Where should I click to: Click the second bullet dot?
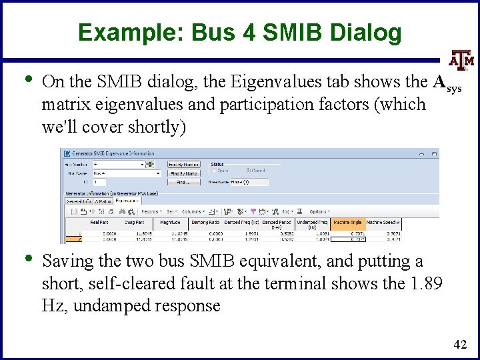pos(24,260)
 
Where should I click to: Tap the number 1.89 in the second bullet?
pos(424,284)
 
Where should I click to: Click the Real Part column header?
pos(99,222)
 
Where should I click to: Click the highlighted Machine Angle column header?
pos(347,222)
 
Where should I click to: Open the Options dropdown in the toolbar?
pos(319,211)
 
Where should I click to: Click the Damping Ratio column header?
pos(205,222)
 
